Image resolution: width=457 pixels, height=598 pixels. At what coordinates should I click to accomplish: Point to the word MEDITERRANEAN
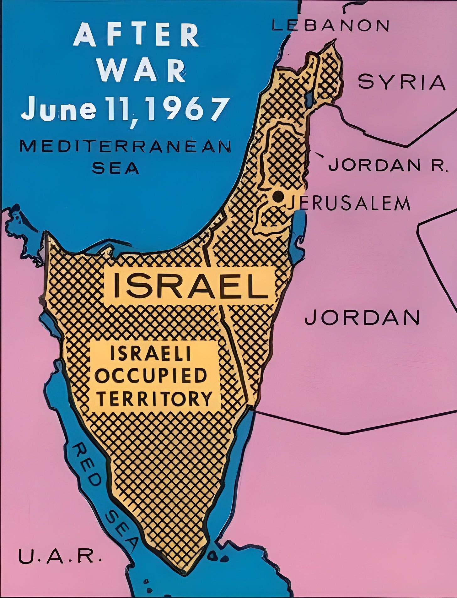coord(125,147)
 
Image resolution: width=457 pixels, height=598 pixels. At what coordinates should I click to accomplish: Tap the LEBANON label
coord(330,25)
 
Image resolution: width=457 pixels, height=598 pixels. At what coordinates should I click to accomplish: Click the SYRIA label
coord(402,83)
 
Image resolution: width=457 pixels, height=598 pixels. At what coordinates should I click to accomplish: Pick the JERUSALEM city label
coord(348,204)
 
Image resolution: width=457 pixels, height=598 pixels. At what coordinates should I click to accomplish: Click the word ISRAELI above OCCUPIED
coord(150,354)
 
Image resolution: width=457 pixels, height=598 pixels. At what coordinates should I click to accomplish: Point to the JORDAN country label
coord(362,317)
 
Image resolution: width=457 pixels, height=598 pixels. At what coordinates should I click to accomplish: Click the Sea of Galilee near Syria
coord(310,98)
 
